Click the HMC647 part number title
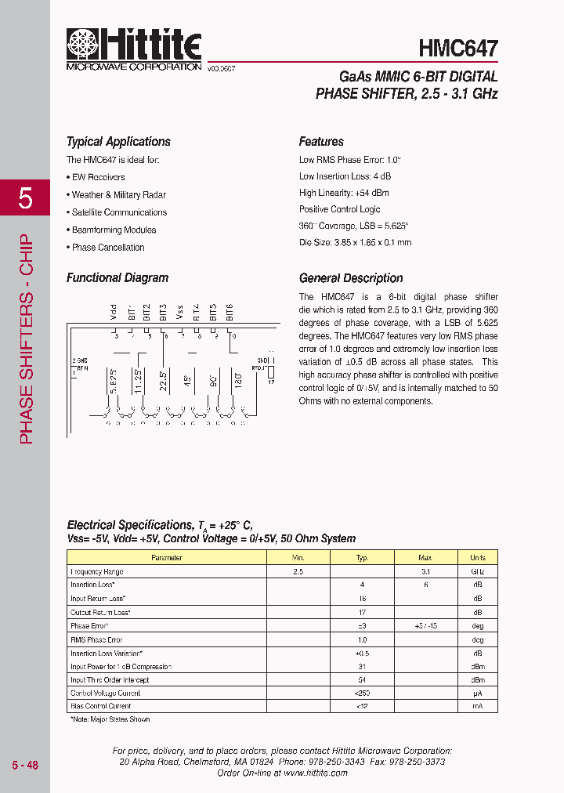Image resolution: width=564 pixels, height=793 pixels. [458, 49]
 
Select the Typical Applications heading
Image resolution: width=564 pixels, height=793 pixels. [118, 142]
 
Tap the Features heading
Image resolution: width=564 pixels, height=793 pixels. [321, 142]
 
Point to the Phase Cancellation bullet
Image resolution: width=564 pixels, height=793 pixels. [107, 248]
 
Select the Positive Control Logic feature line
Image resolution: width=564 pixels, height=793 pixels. [339, 209]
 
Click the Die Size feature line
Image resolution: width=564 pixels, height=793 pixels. [355, 243]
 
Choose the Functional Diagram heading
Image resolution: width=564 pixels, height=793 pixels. [117, 278]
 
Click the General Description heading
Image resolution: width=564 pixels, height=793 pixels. [351, 278]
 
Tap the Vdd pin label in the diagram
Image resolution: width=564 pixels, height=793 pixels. [114, 313]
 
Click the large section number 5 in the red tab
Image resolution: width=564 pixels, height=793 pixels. [25, 199]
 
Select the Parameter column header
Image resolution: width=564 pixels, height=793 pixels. [166, 558]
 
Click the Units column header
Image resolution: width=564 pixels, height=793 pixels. [477, 558]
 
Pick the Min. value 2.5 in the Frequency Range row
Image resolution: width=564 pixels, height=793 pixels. [298, 572]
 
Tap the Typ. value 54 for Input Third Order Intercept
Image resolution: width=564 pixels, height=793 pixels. [362, 680]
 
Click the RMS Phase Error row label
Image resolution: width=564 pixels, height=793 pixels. [96, 639]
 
